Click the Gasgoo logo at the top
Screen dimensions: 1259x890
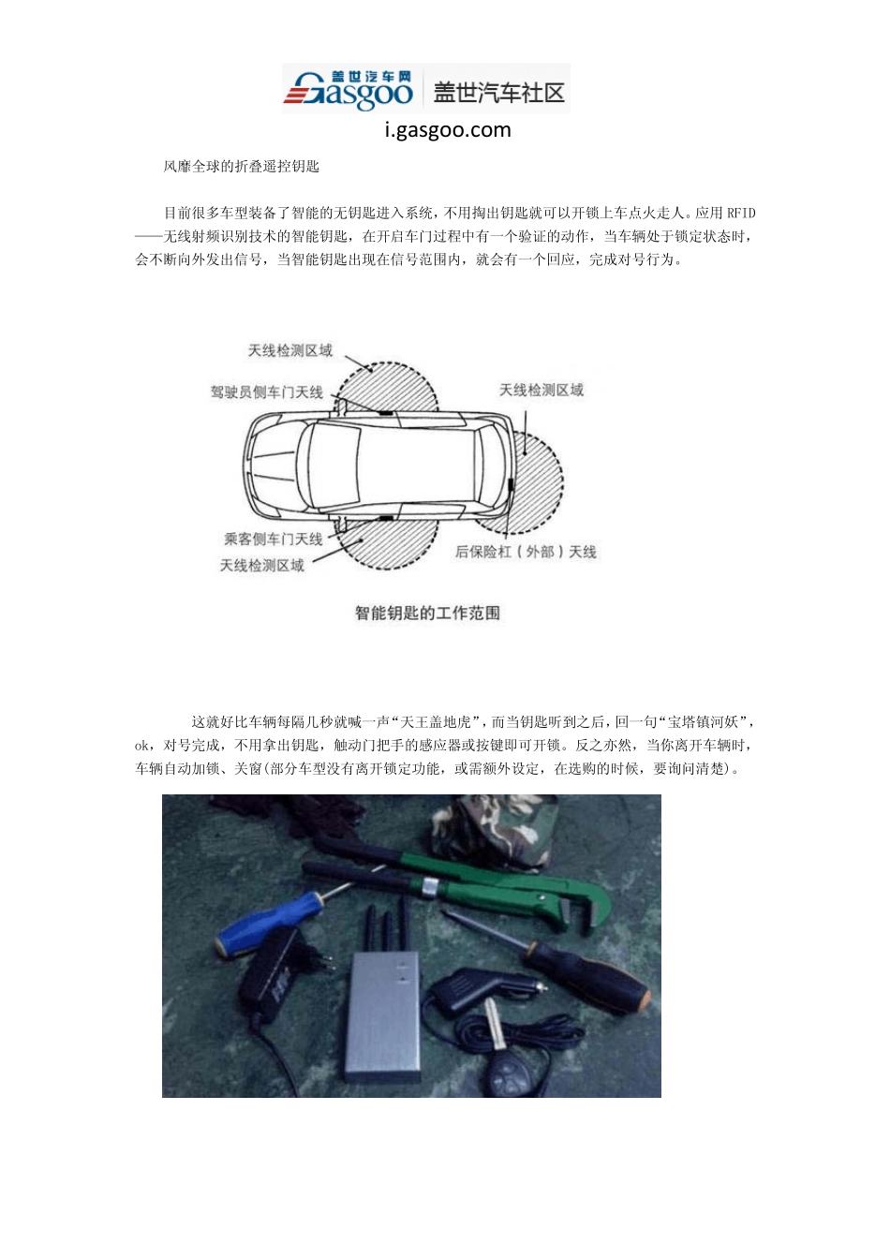point(349,90)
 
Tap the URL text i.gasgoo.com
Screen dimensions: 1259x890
point(448,130)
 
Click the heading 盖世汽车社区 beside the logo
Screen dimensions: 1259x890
point(498,92)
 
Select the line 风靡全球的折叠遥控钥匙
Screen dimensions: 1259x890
point(242,167)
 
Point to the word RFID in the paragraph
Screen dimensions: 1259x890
point(741,214)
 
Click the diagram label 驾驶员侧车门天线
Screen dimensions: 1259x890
point(267,392)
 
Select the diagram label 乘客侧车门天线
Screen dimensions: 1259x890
point(273,539)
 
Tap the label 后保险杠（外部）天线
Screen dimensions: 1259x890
point(526,552)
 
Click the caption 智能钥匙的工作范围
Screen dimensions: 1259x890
point(427,613)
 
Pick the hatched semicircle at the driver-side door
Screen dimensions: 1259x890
point(389,384)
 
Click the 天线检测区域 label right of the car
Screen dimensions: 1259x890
point(541,390)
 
